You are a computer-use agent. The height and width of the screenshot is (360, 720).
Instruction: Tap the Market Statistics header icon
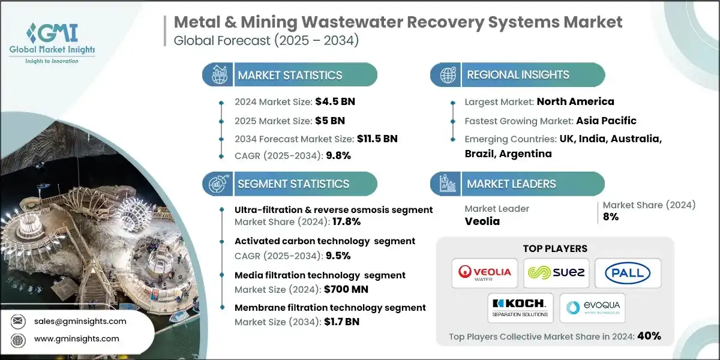click(x=217, y=75)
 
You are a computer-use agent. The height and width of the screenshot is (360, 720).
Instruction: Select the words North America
click(x=575, y=101)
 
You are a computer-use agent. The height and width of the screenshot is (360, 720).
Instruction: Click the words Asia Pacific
click(x=606, y=121)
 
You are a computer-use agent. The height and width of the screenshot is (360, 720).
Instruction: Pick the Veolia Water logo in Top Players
click(x=485, y=273)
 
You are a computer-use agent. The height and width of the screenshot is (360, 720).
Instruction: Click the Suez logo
click(x=556, y=273)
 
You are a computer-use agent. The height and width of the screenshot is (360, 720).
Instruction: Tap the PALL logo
click(x=627, y=273)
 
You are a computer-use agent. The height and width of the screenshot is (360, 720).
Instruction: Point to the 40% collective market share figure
click(x=649, y=336)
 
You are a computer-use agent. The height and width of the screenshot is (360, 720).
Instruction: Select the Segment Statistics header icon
click(x=217, y=184)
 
